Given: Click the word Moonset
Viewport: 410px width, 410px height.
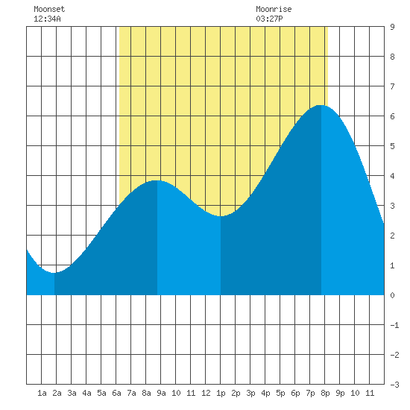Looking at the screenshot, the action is [49, 9].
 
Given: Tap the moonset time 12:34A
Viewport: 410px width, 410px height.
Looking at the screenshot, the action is [47, 19].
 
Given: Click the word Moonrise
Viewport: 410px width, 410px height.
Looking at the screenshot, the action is [274, 9].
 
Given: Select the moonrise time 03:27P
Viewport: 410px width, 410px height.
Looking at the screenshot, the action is [269, 19].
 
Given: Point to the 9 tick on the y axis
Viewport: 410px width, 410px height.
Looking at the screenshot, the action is [392, 27].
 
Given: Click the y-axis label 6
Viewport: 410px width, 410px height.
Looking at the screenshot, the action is [392, 116].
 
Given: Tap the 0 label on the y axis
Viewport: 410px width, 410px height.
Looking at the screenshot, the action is [392, 295].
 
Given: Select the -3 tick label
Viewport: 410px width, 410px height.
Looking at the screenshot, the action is [394, 385].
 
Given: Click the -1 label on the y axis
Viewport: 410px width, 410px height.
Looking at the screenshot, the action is [394, 325].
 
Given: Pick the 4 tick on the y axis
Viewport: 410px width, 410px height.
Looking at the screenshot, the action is [392, 176].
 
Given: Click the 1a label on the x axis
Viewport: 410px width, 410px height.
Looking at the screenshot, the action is [42, 393].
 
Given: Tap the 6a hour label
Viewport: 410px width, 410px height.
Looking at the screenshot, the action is [116, 393].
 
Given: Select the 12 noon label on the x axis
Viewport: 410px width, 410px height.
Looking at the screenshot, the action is [206, 393].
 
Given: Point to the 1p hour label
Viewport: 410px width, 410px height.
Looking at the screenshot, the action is [221, 393].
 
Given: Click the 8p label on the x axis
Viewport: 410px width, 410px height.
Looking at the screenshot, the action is [325, 393].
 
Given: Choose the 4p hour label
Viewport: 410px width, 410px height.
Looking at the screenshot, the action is [265, 393].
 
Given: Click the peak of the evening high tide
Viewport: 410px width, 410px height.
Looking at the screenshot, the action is [321, 105].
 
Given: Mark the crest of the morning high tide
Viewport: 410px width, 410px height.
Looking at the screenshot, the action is [157, 180].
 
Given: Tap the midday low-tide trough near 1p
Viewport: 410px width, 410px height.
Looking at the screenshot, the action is [221, 216].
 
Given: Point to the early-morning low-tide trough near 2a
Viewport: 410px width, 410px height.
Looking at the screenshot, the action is [54, 273].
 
